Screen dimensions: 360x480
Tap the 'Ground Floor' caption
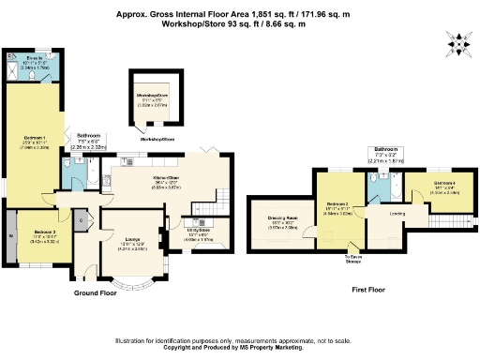click(x=96, y=292)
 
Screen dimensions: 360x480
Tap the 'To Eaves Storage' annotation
click(x=352, y=259)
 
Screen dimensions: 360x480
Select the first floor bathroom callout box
click(x=385, y=155)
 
